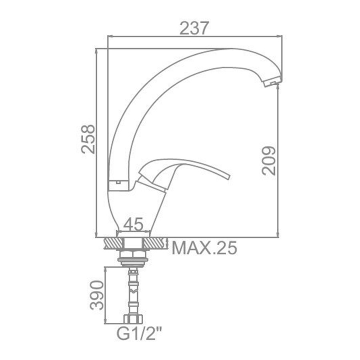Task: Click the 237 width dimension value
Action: pos(194,28)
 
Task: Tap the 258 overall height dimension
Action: pos(88,139)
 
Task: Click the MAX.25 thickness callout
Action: pos(204,248)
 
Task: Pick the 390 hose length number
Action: pos(97,295)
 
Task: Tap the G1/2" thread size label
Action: pos(139,334)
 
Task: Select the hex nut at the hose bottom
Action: pos(133,319)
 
